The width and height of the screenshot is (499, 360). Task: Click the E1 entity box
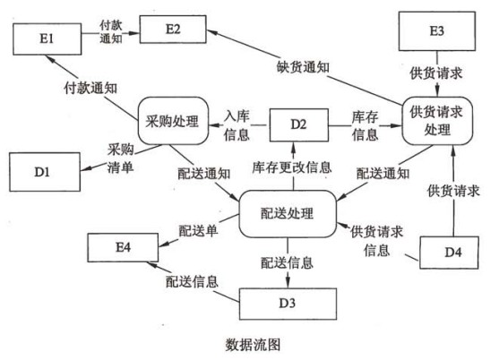47,39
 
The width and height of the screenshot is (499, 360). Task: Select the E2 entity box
173,30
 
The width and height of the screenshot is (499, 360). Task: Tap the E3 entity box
437,31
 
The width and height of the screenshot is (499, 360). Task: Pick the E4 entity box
123,247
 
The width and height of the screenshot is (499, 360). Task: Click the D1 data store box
45,172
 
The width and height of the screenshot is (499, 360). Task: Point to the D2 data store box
299,124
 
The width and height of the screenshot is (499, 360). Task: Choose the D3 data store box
288,304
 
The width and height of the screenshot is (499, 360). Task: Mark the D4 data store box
449,253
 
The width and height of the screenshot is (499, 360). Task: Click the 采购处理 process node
173,121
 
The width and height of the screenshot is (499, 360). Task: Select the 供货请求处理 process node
437,121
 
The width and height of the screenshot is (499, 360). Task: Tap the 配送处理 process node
288,214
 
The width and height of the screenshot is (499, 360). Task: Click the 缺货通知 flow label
303,67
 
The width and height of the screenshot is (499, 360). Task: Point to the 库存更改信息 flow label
292,167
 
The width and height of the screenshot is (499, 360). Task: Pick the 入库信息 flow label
237,125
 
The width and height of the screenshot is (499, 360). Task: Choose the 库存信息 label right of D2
365,125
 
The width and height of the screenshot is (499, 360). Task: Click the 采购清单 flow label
120,158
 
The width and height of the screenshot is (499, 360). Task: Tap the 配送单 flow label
198,231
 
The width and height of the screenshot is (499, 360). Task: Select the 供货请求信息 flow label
377,241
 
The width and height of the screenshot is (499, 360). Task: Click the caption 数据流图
253,345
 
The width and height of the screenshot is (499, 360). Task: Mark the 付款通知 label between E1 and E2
111,32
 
